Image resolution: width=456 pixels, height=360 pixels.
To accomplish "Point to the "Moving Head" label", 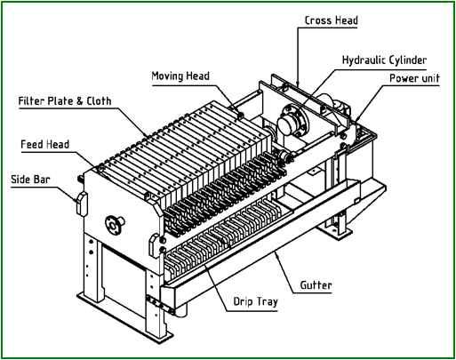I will coord(180,76).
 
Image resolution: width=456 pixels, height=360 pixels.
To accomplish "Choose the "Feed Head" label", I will coord(44,143).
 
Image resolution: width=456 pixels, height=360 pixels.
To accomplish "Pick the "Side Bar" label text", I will coord(30,179).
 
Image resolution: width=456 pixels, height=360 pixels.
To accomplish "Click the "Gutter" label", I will coord(316,285).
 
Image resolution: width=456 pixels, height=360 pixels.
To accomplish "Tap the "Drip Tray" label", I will coord(256,302).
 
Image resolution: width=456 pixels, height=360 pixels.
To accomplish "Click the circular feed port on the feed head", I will coord(114,224).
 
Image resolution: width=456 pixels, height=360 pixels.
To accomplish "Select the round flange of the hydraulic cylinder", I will coord(288,121).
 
